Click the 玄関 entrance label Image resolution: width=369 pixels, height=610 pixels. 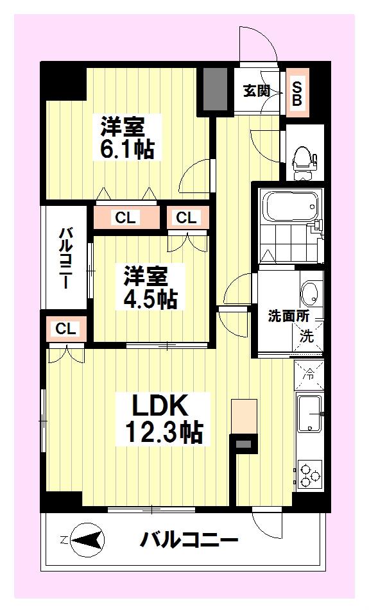[257, 91]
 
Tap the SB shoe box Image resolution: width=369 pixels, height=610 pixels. [297, 93]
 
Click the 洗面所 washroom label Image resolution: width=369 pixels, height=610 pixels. [288, 316]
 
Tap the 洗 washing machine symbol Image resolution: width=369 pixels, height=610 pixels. [307, 336]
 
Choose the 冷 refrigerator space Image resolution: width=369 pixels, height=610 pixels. [309, 375]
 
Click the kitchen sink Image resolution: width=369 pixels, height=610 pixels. [309, 414]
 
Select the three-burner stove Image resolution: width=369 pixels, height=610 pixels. [309, 473]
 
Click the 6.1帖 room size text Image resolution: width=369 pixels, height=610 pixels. [127, 148]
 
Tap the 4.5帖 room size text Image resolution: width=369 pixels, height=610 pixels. [150, 299]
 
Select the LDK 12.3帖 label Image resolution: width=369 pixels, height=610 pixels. [164, 419]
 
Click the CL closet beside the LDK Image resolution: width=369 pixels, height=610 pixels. [66, 328]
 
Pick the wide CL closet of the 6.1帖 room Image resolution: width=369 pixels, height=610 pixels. [126, 217]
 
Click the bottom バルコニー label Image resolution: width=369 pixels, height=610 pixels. [189, 539]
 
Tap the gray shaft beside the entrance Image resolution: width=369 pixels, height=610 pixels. [215, 89]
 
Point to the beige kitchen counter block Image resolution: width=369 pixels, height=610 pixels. [244, 416]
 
